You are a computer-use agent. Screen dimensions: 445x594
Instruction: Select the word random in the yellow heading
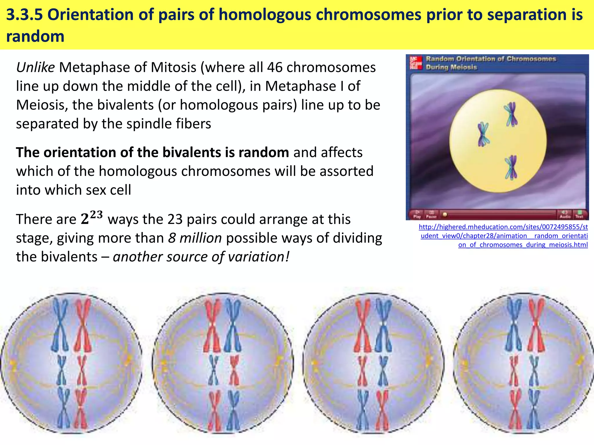[x=35, y=37]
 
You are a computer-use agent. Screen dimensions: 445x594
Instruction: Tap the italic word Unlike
[x=35, y=68]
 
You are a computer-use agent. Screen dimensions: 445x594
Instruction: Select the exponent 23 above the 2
[x=96, y=215]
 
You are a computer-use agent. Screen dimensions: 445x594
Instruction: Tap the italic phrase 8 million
[x=195, y=238]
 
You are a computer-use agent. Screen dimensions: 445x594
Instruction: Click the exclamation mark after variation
[x=287, y=257]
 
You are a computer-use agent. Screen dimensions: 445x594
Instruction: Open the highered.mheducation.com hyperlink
[x=504, y=236]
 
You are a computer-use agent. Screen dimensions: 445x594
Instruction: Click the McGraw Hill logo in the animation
[x=416, y=63]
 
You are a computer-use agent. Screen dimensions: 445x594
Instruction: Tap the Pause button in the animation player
[x=431, y=214]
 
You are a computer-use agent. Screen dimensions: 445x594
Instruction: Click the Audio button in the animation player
[x=565, y=214]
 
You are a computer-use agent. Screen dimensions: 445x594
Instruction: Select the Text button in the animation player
[x=579, y=214]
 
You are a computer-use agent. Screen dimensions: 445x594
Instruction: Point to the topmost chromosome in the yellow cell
[x=511, y=114]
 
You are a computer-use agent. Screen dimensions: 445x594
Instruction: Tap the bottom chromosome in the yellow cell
[x=511, y=167]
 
